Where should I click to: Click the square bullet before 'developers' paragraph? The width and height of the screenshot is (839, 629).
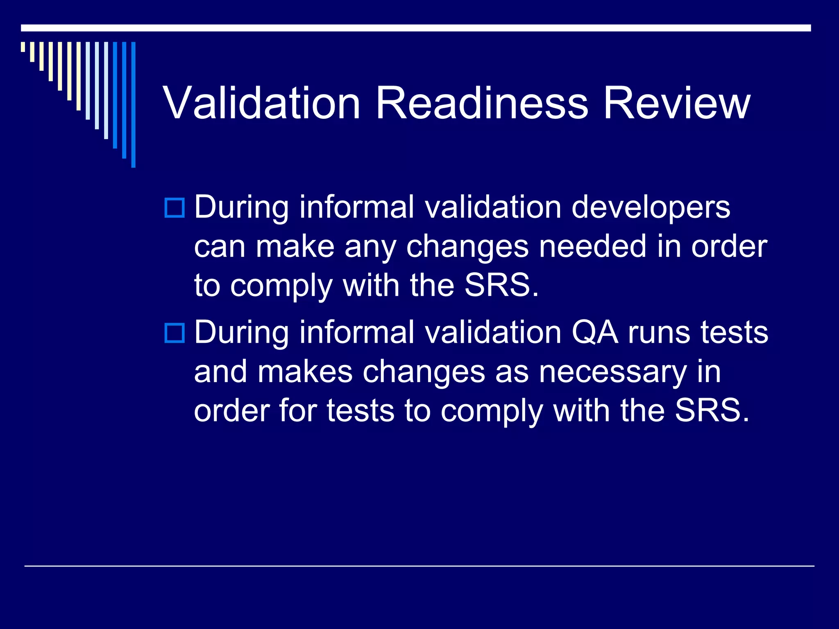pos(175,208)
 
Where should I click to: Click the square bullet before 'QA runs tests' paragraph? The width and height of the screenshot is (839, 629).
pos(175,333)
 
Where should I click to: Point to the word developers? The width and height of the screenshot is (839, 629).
pos(651,207)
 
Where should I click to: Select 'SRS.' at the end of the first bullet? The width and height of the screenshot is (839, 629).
pos(501,285)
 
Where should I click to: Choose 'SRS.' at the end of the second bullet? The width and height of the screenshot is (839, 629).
pos(712,411)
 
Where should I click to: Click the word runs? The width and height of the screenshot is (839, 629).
pos(659,333)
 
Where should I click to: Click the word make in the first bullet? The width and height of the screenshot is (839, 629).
pos(295,247)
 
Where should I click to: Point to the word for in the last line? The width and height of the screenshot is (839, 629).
pos(298,411)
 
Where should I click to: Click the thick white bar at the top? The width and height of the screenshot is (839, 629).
pos(415,28)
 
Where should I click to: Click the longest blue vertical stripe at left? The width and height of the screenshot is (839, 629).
pos(133,104)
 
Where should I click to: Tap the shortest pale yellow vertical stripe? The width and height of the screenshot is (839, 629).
pos(23,47)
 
